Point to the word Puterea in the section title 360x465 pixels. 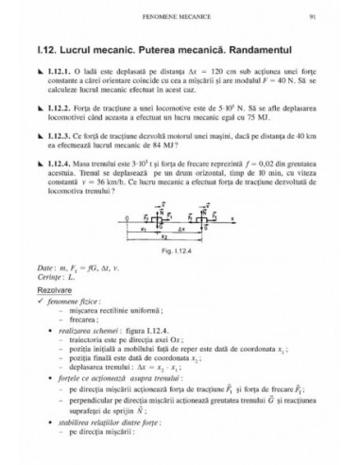coord(168,45)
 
